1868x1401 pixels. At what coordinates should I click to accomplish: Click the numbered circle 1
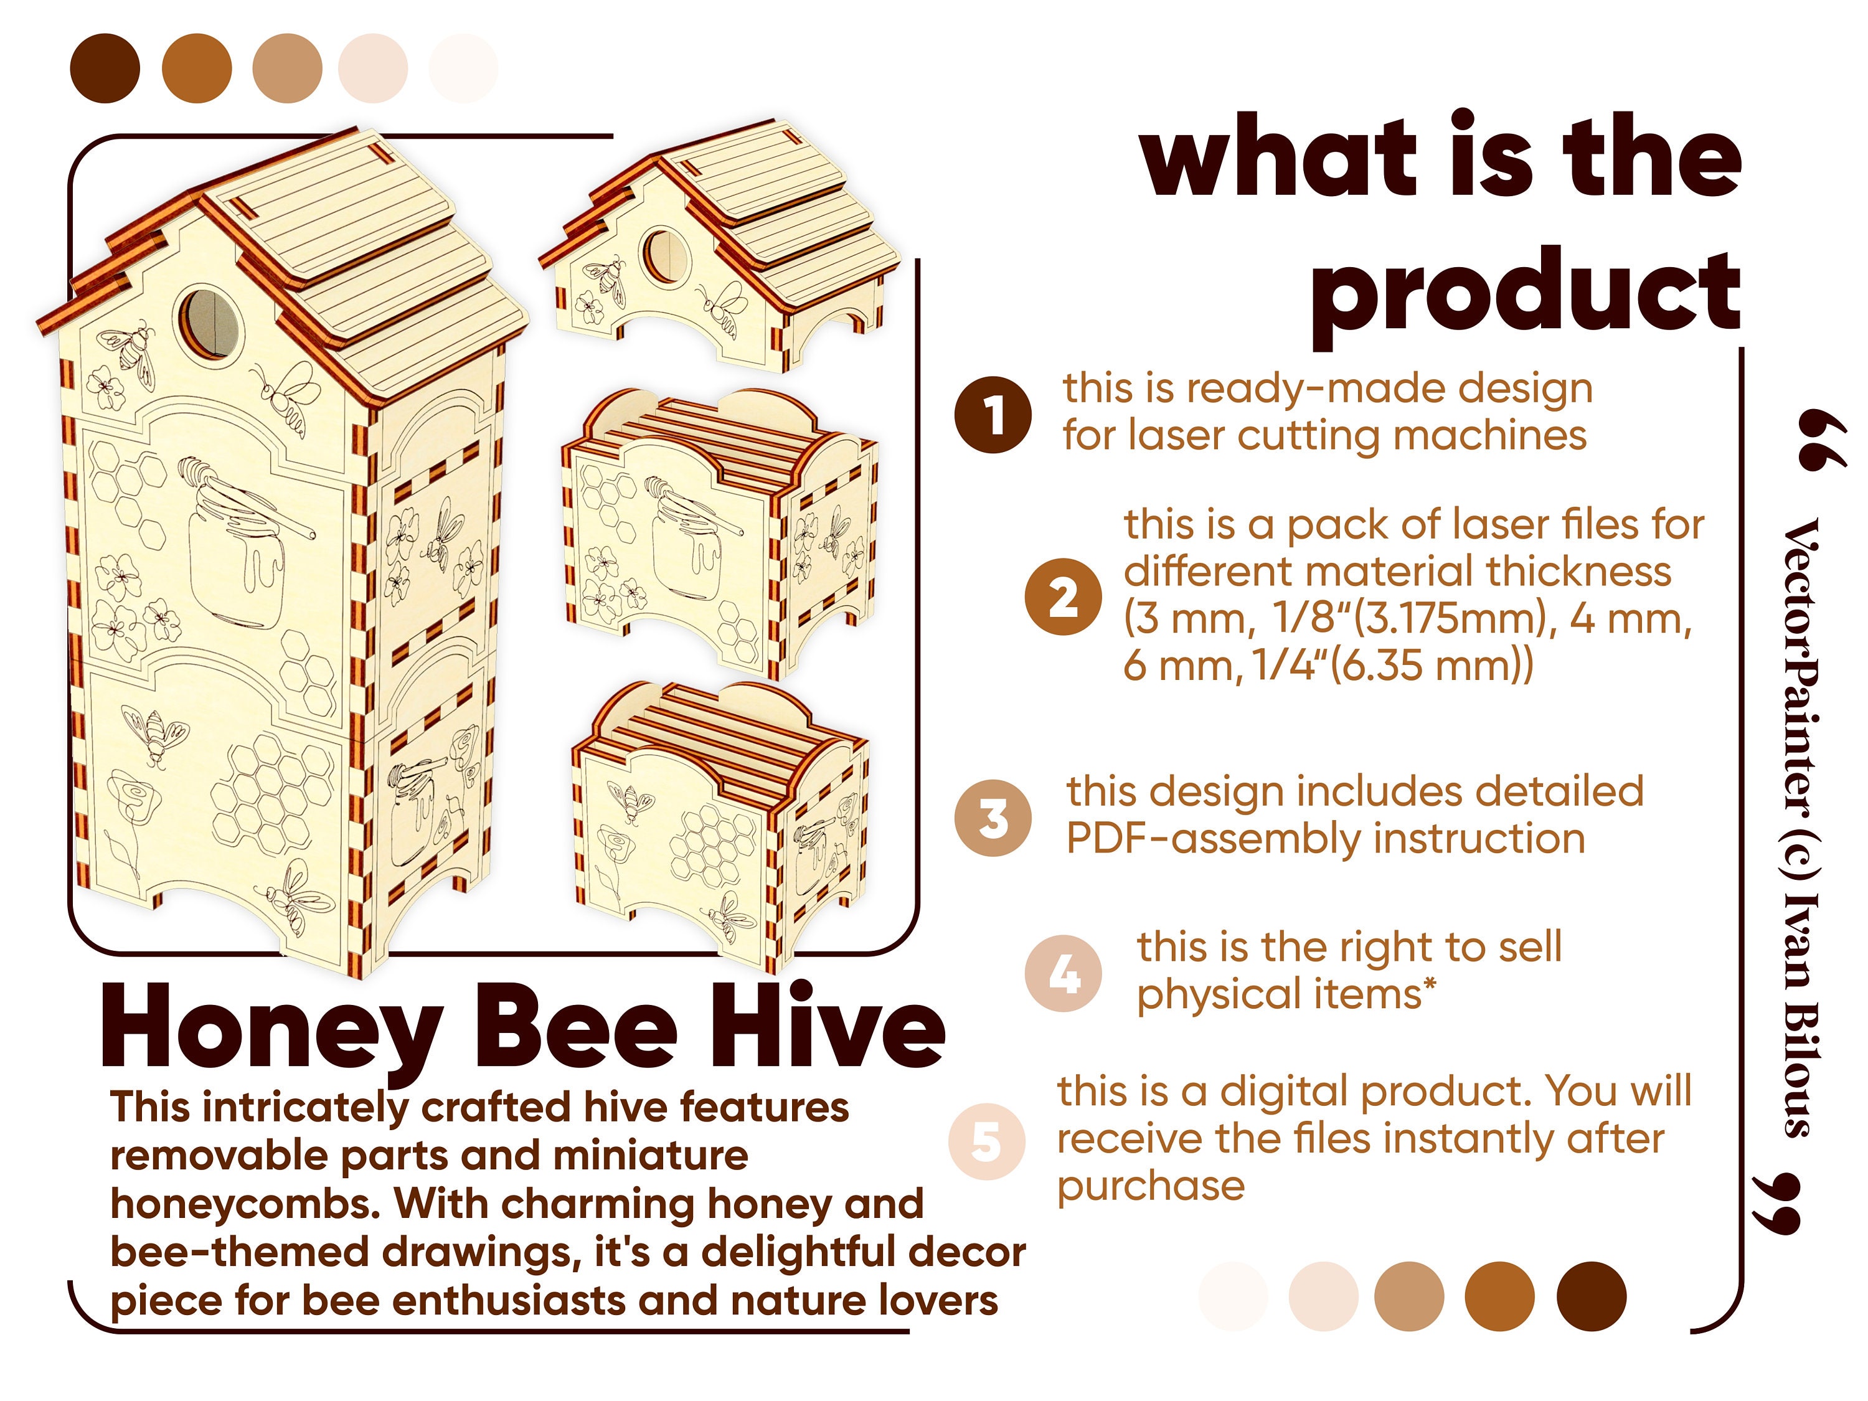coord(993,415)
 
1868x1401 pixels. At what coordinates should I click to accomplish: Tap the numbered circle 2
coord(1064,597)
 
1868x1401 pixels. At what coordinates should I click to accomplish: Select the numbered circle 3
coord(993,818)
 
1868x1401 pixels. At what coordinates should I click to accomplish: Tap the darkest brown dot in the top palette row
coord(105,68)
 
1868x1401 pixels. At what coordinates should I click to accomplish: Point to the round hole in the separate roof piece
coord(664,256)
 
